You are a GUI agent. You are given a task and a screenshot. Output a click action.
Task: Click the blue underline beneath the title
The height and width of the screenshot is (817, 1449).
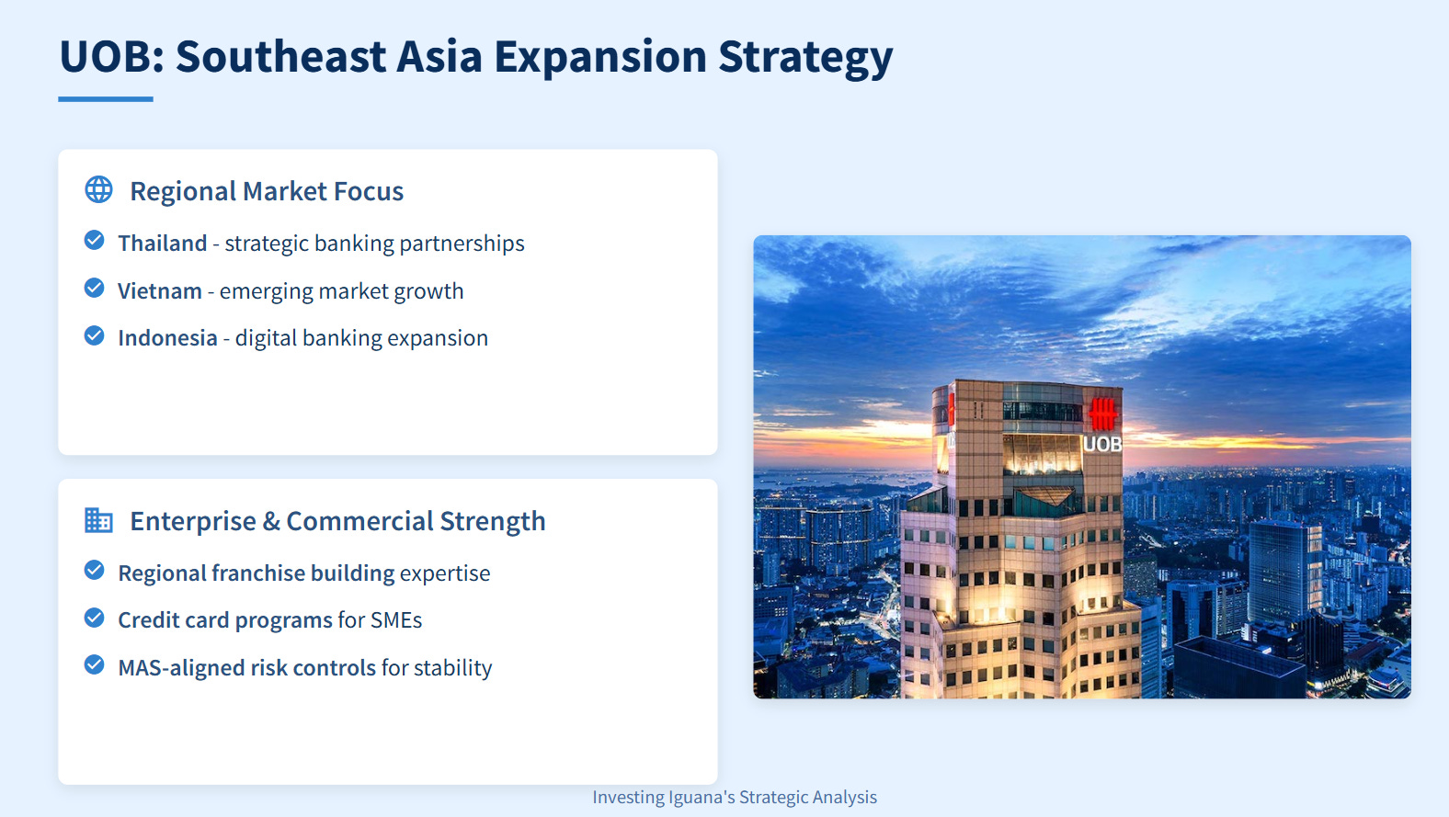point(106,99)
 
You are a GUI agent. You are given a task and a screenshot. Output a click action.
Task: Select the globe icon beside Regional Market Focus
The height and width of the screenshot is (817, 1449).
point(99,190)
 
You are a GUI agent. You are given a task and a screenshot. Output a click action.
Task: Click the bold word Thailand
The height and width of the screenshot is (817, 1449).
point(163,244)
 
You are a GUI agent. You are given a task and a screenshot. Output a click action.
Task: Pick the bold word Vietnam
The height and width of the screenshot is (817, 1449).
point(160,290)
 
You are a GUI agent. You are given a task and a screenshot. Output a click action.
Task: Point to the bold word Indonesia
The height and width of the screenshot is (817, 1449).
point(167,338)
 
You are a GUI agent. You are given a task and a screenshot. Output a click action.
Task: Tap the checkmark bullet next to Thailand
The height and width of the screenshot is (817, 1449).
point(95,240)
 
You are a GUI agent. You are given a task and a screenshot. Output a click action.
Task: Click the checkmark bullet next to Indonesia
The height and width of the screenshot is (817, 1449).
point(95,335)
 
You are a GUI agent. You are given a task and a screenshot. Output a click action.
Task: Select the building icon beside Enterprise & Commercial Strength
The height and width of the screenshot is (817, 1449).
point(99,520)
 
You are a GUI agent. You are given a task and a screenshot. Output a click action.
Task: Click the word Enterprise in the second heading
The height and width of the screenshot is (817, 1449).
point(193,522)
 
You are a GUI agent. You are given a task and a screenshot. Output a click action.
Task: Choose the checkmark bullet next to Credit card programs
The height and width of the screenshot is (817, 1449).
point(95,618)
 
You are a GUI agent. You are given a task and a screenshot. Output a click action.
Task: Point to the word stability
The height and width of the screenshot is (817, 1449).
point(452,668)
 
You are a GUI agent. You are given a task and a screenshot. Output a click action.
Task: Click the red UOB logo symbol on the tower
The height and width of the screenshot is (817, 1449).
point(1103,413)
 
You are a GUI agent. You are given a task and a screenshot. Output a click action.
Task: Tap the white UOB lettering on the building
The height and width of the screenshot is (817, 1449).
point(1102,445)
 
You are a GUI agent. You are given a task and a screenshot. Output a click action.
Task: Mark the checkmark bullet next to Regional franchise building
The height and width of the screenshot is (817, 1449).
point(95,570)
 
